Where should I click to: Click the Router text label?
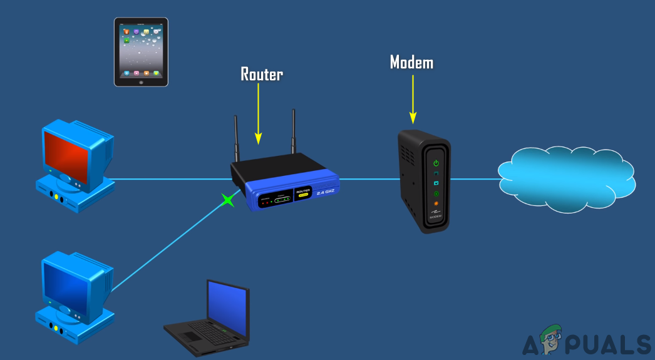pos(262,75)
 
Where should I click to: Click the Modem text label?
pos(411,62)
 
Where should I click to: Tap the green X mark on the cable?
pos(229,200)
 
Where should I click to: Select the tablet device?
pos(141,51)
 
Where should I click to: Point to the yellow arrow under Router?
pos(258,113)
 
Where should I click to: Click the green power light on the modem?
pos(436,163)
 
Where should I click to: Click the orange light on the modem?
pos(436,204)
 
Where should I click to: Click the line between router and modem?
pos(369,179)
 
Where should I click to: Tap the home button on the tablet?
pos(141,81)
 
